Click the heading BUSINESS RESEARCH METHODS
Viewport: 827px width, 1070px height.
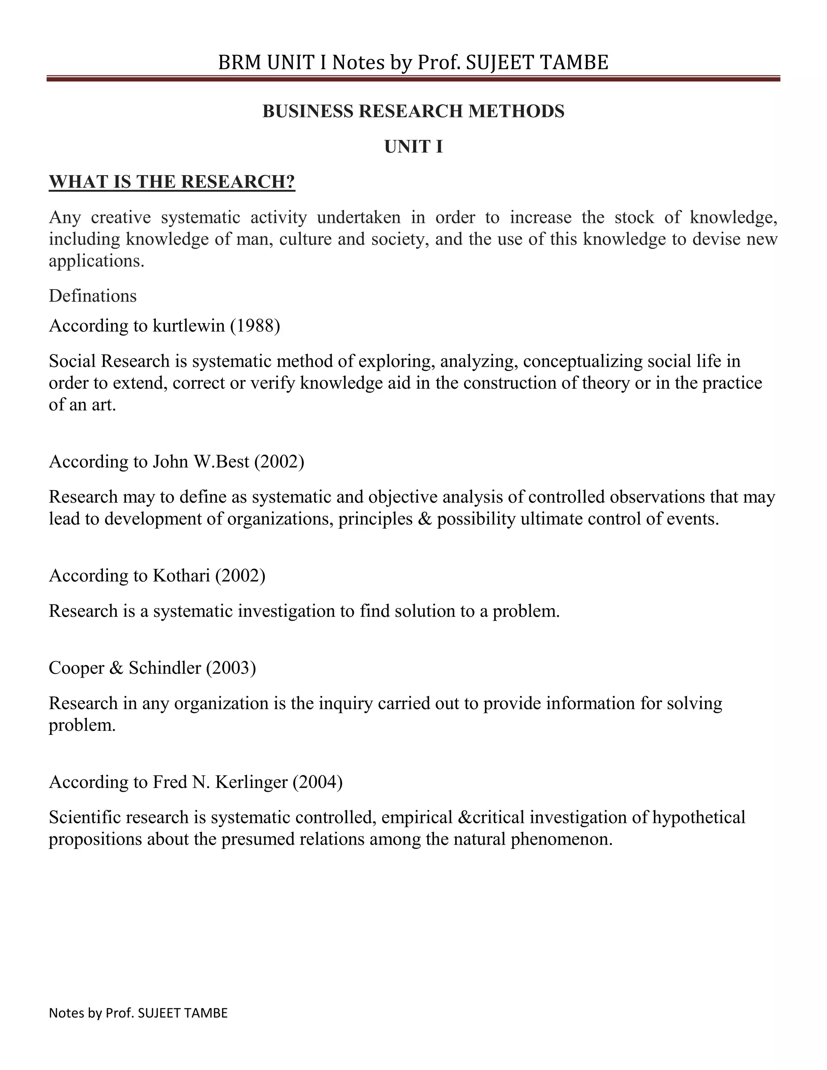click(413, 111)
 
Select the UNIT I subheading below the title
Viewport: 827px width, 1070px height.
click(413, 147)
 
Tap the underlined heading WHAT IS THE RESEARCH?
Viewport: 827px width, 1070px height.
click(172, 182)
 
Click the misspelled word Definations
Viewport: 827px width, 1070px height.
click(92, 296)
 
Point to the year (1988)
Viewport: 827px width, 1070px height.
click(255, 326)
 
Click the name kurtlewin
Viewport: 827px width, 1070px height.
click(189, 326)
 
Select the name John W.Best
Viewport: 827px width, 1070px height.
click(201, 462)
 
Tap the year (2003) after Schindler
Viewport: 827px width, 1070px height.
click(231, 668)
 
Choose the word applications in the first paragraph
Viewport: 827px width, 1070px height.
click(97, 261)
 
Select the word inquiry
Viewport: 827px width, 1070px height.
click(343, 703)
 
